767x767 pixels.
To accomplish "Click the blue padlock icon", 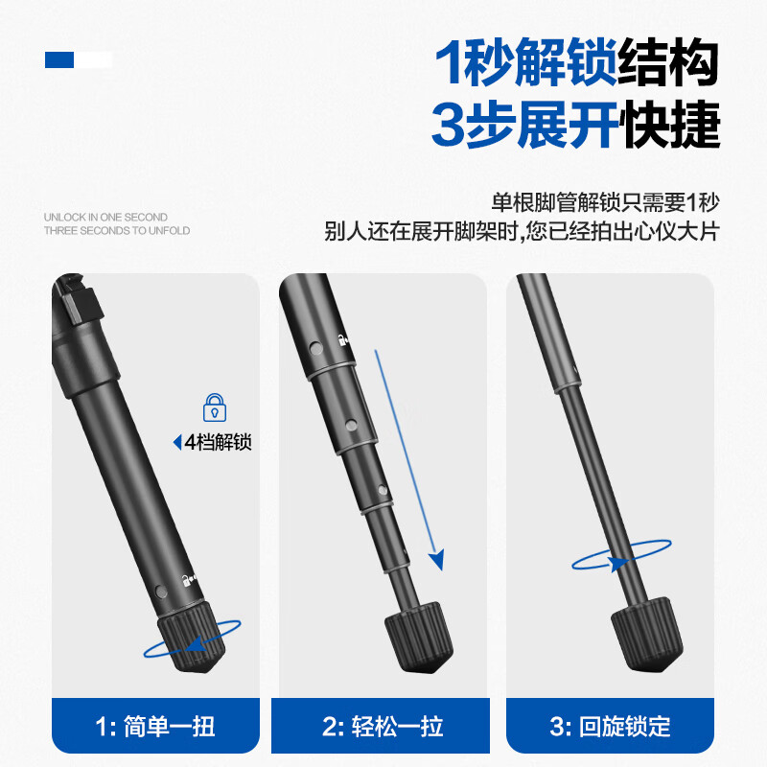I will [x=215, y=407].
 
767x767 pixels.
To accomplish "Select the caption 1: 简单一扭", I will [x=155, y=726].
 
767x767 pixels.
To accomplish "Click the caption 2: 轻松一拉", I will [x=383, y=726].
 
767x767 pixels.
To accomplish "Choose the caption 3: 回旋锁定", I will [x=610, y=726].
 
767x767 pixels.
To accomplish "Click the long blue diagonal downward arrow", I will [x=407, y=460].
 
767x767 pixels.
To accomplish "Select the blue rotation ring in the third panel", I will [x=620, y=555].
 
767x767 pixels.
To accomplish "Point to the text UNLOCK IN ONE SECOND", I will [x=105, y=218].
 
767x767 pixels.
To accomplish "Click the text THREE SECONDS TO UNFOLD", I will [x=117, y=231].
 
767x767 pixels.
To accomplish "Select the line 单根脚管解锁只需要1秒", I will [x=605, y=202].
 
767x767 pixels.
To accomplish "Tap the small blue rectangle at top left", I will [x=59, y=59].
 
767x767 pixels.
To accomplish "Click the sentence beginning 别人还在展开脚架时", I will [x=523, y=233].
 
